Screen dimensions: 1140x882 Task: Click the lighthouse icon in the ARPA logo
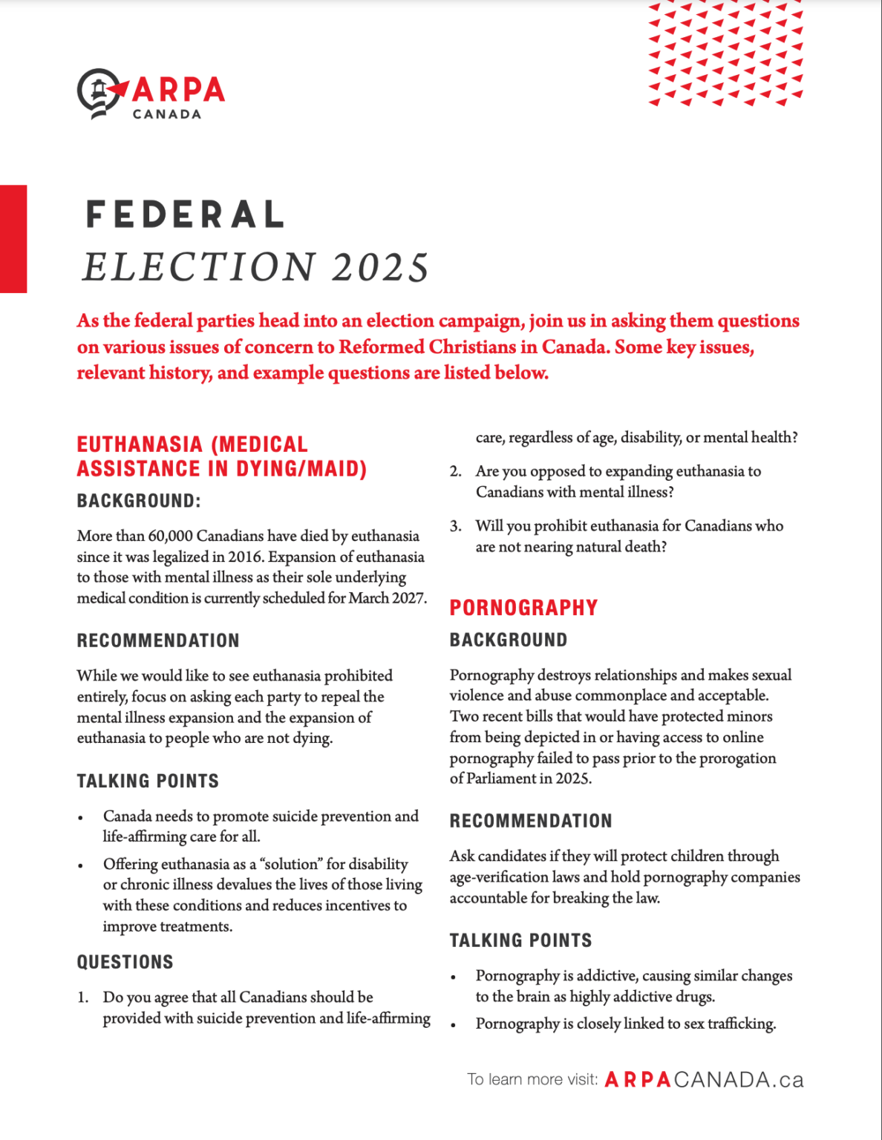(x=98, y=91)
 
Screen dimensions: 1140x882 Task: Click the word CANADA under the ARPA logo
(x=166, y=114)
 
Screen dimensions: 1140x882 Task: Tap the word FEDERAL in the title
(x=185, y=214)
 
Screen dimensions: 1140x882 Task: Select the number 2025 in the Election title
(x=380, y=267)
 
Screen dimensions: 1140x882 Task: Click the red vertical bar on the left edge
(x=13, y=238)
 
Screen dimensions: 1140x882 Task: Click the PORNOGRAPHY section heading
(x=523, y=608)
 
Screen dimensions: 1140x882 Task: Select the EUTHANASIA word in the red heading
(x=140, y=445)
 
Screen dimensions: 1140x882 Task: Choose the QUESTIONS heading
(x=125, y=962)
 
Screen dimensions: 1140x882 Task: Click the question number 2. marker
(x=455, y=471)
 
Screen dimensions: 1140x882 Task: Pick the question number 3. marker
(x=455, y=526)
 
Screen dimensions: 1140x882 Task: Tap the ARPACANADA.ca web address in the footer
(x=704, y=1080)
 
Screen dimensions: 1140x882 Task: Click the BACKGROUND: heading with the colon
(x=139, y=501)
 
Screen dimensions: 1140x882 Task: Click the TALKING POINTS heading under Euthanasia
(x=148, y=781)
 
